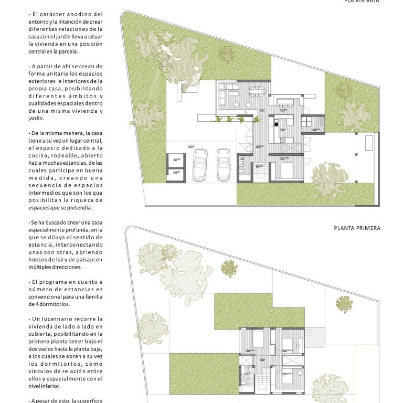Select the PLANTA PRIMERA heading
click(357, 228)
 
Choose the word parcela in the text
click(67, 51)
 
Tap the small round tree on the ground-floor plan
click(227, 52)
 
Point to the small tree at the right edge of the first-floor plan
click(344, 303)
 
